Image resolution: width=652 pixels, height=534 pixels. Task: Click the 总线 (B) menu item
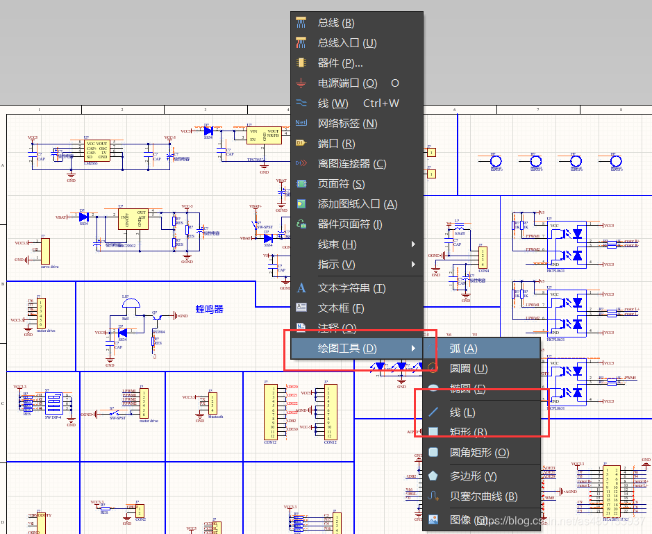point(336,23)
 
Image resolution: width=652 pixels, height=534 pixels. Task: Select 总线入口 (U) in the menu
point(346,43)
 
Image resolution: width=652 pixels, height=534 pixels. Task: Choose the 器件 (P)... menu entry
point(340,63)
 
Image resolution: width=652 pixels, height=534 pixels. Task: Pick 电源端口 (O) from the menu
point(347,83)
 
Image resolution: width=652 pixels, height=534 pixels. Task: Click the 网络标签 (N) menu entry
point(347,124)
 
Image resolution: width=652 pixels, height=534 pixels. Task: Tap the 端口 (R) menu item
point(336,144)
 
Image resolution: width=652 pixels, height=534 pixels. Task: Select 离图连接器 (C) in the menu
point(351,164)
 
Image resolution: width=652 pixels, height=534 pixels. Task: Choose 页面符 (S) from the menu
point(341,184)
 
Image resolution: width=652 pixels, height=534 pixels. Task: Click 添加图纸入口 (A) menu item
point(357,204)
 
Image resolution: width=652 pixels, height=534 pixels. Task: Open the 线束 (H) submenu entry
point(337,244)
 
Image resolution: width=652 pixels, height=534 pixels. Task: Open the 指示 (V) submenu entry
point(337,265)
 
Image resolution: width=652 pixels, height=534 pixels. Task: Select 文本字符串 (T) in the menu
point(351,288)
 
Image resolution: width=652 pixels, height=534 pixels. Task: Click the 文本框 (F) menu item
point(341,308)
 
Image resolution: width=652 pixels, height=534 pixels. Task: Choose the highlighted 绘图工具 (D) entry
point(347,349)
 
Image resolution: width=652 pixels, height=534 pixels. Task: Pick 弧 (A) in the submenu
point(463,349)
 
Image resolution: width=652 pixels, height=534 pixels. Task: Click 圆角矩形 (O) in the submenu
point(479,453)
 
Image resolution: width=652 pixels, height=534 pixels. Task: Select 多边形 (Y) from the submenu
point(473,476)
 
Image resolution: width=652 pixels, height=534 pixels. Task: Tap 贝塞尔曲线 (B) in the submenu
point(483,497)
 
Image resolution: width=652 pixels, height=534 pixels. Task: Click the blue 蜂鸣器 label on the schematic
point(209,309)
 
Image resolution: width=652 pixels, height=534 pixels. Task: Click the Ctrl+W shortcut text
point(381,103)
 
